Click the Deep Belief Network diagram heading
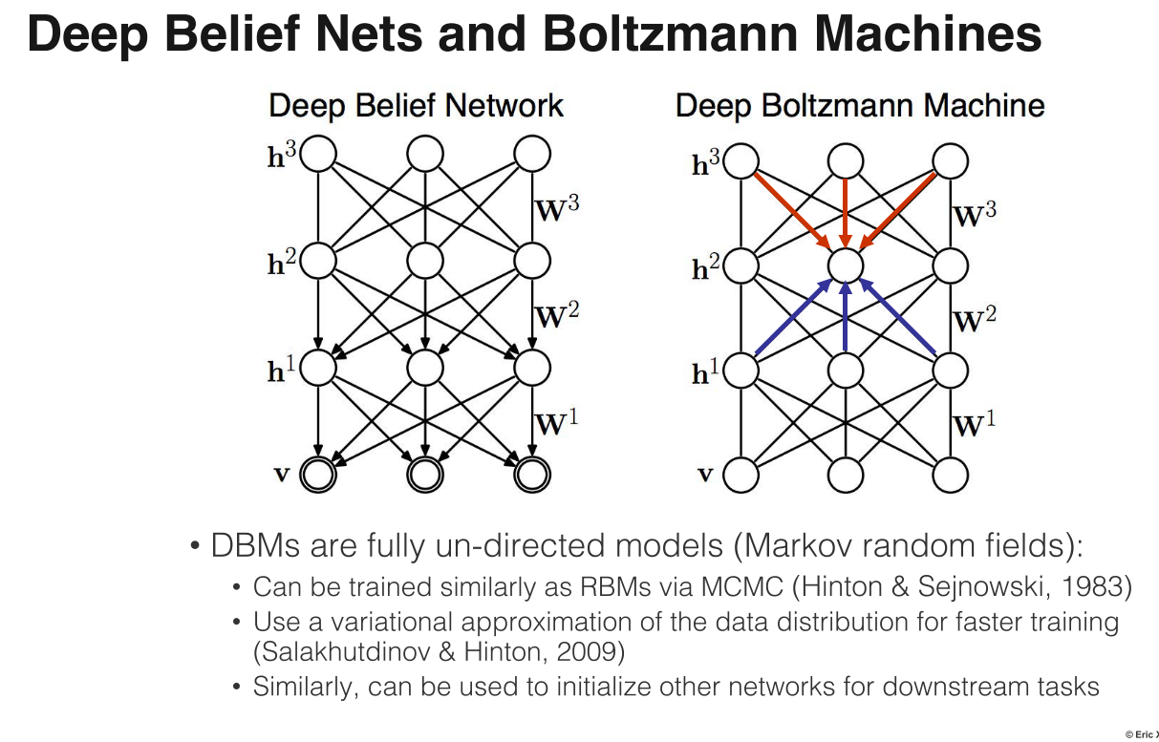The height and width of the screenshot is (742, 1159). tap(416, 105)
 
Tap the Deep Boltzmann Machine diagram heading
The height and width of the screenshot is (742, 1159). tap(859, 105)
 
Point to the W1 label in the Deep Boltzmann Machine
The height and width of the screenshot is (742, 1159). tap(974, 423)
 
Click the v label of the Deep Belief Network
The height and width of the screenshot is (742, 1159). tap(282, 474)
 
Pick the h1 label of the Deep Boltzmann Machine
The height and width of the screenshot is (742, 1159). tap(705, 373)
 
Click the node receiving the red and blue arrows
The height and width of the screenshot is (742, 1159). tap(846, 264)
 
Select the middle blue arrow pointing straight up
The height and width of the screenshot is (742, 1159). tap(846, 320)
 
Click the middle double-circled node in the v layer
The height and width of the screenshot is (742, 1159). tap(426, 473)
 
